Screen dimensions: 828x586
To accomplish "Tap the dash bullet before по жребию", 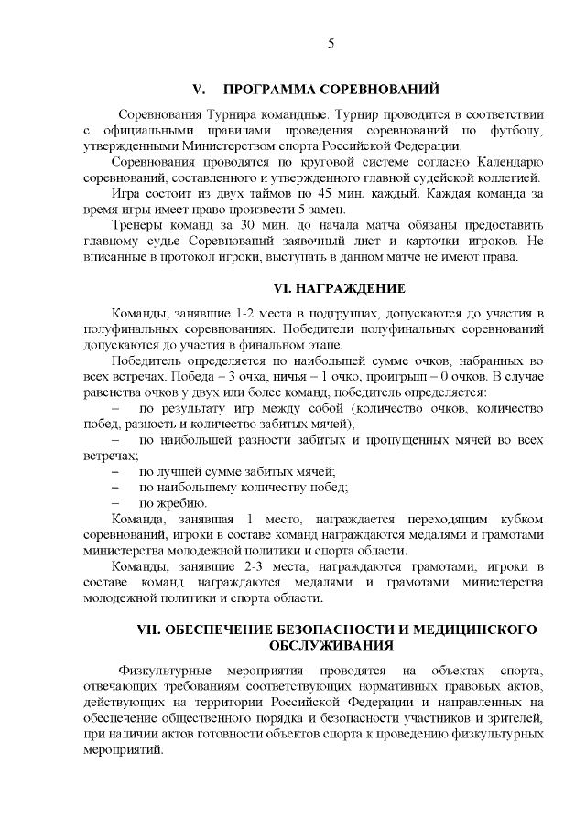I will tap(116, 503).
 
